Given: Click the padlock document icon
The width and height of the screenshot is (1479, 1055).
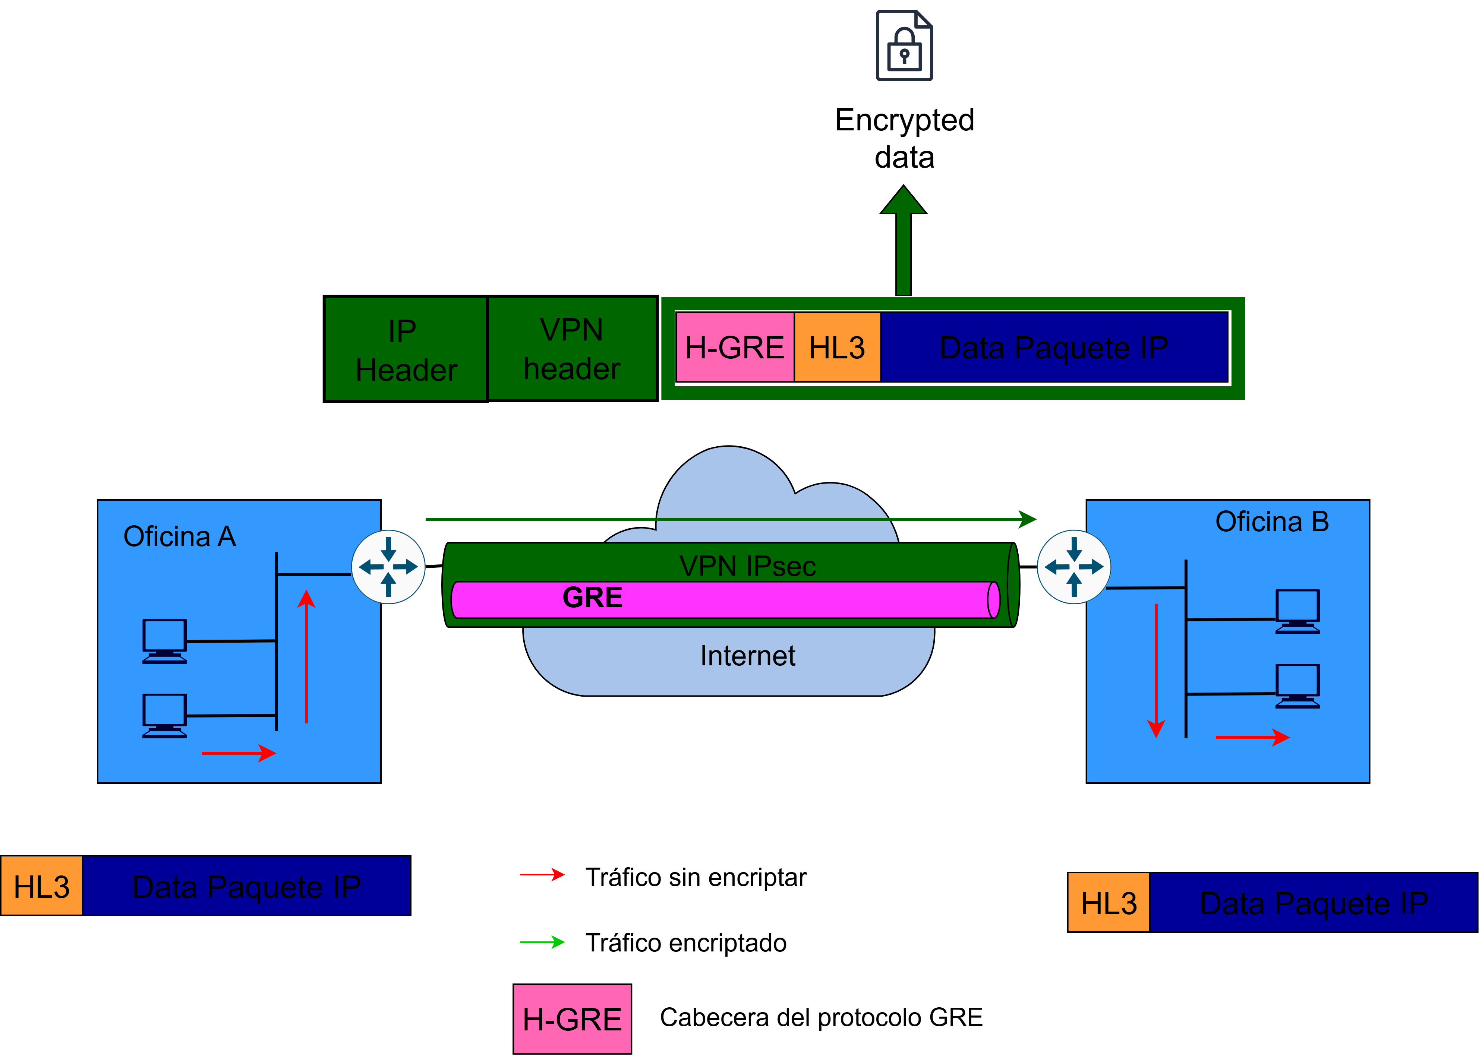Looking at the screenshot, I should (904, 45).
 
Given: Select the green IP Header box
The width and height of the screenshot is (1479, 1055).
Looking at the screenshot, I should (406, 349).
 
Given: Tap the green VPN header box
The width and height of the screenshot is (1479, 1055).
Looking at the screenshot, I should (572, 348).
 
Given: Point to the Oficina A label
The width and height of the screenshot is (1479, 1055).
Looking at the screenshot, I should (179, 536).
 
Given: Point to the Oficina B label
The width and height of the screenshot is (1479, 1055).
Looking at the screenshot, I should (1272, 522).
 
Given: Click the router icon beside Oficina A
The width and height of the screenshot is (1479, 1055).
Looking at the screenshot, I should (389, 567).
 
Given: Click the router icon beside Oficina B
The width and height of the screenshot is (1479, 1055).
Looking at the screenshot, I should (1073, 567).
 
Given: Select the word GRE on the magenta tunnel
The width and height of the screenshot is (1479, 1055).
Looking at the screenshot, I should (592, 598).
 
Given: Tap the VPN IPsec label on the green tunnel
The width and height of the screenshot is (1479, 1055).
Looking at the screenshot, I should (747, 566).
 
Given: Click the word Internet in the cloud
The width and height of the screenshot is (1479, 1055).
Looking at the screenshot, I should (747, 656).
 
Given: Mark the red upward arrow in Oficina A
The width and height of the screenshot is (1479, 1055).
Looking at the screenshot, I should (306, 656).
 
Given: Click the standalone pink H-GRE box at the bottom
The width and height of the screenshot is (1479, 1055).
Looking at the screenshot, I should (572, 1018).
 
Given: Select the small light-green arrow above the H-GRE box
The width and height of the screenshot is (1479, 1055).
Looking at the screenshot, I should (543, 942).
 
